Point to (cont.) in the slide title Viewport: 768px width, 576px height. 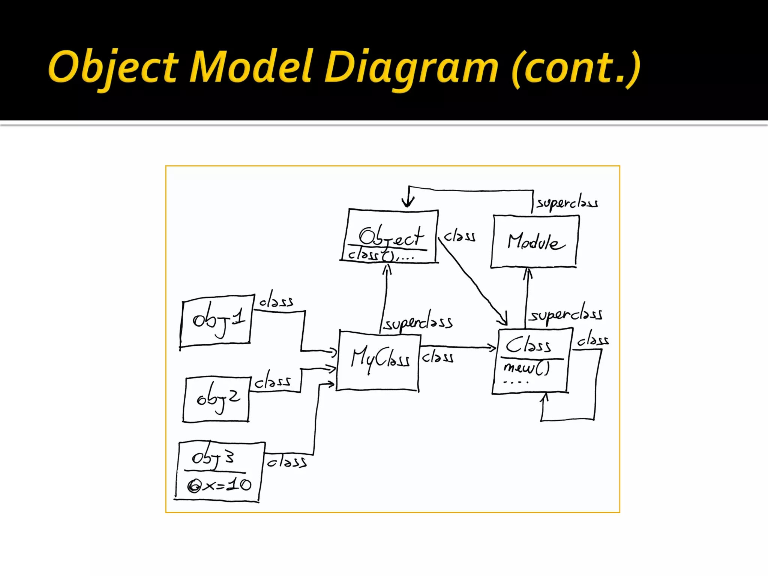[x=576, y=68]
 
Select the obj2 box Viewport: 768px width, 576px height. [x=217, y=399]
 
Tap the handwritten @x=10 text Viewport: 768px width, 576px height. [x=219, y=485]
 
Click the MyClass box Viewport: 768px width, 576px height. [x=378, y=360]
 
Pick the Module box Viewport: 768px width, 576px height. [x=534, y=241]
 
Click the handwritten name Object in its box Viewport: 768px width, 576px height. [x=391, y=236]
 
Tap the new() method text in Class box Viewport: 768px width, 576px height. [x=526, y=368]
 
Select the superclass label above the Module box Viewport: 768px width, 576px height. [x=567, y=203]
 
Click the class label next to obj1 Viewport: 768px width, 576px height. [x=276, y=301]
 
